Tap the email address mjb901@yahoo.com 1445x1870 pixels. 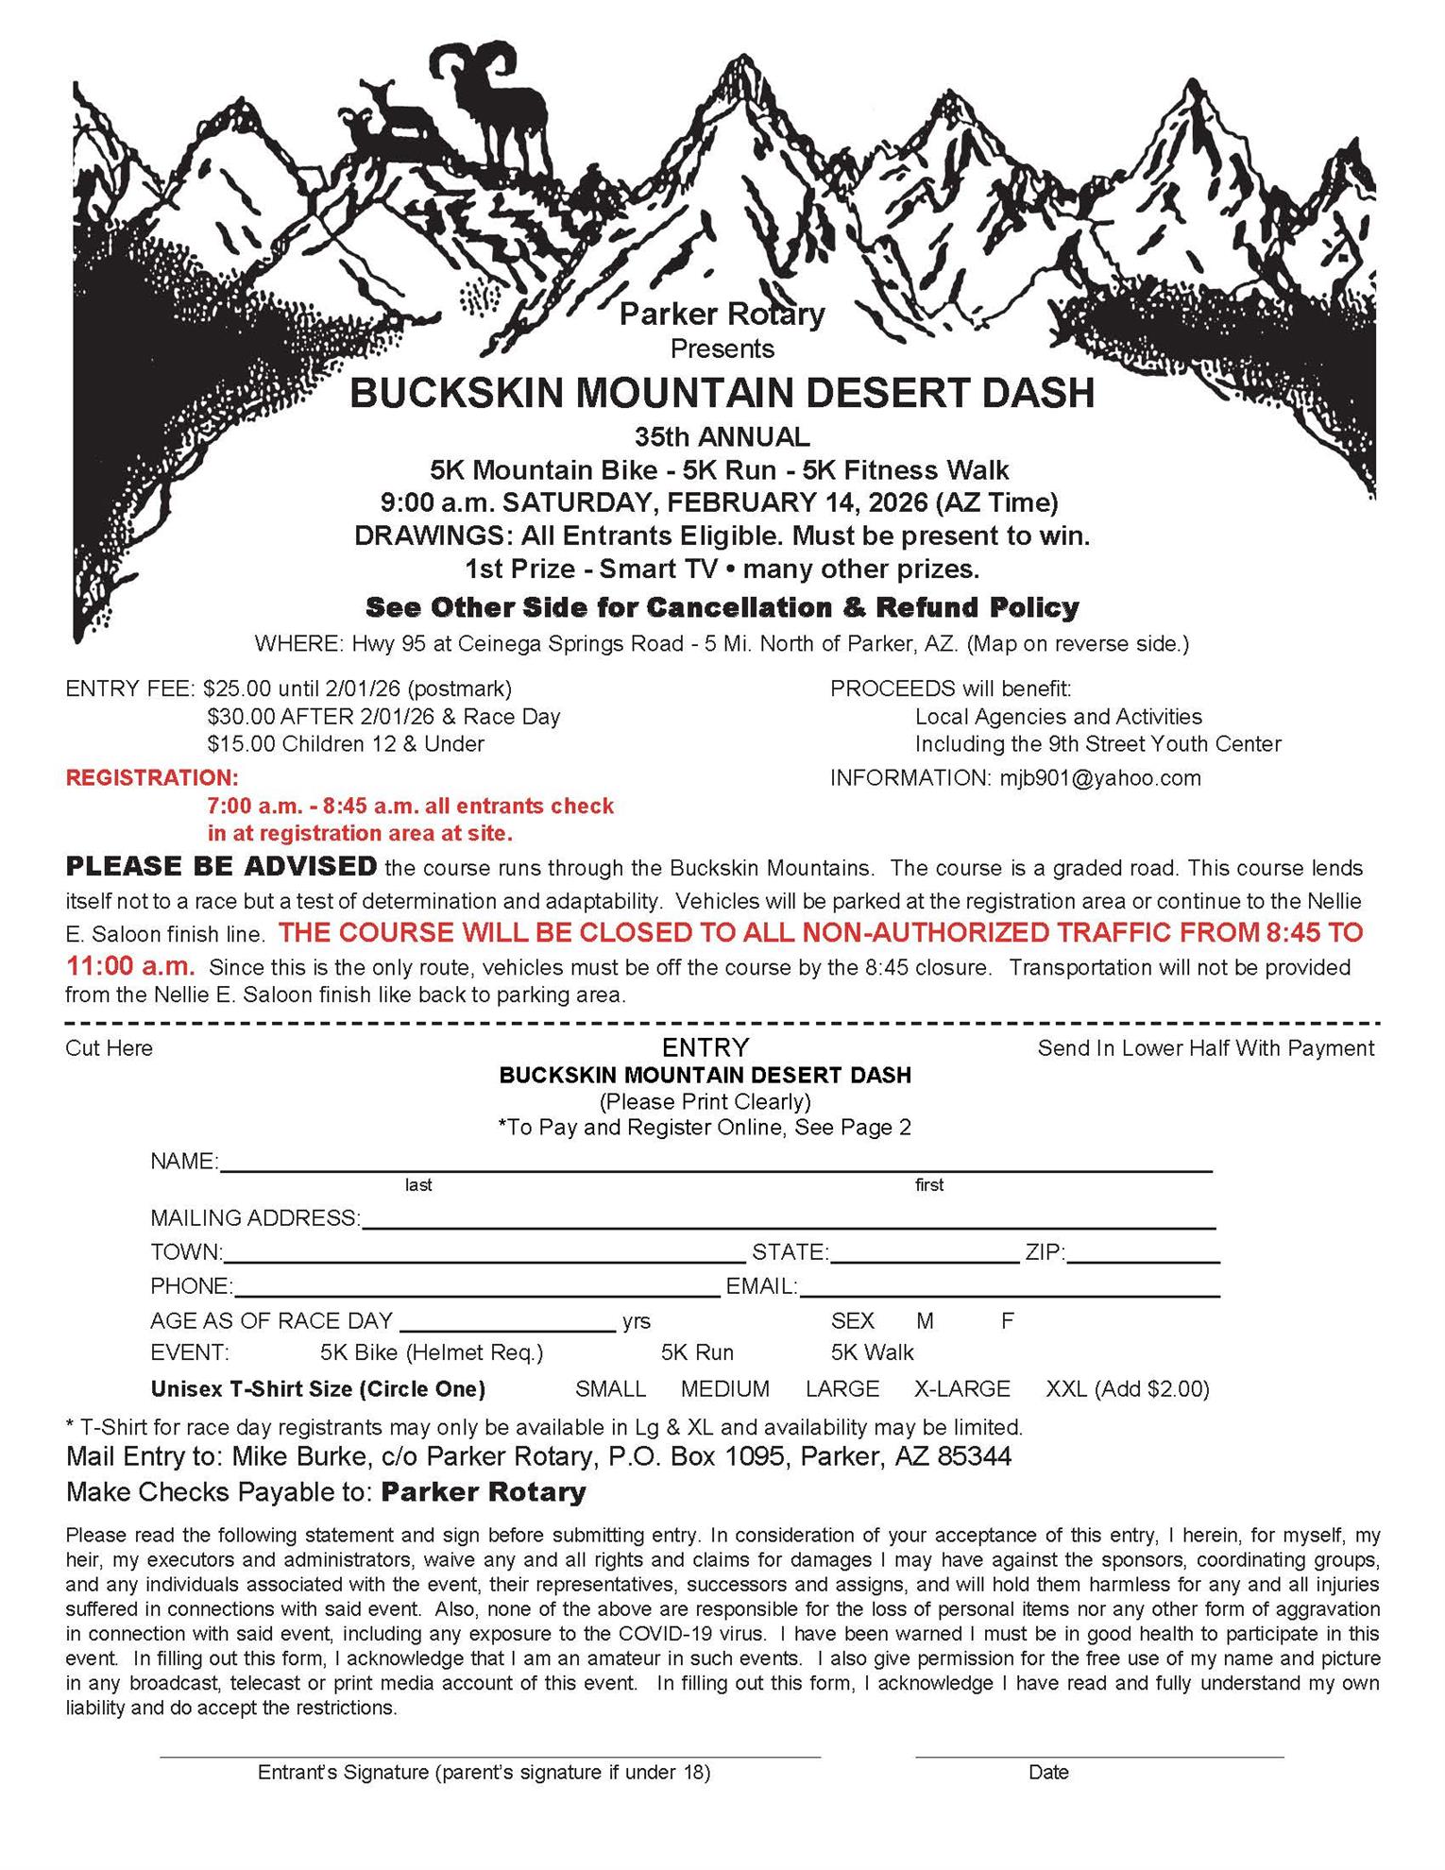coord(1100,778)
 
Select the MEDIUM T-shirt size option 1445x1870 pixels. coord(724,1389)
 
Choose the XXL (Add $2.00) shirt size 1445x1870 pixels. coord(1127,1389)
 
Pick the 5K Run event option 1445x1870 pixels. coord(697,1352)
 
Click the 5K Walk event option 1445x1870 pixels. coord(872,1352)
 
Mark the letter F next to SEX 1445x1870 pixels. coord(1007,1320)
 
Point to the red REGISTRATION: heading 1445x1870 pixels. coord(152,778)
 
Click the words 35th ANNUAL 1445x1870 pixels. coord(722,437)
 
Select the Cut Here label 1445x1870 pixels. coord(109,1048)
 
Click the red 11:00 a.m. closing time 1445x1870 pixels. coord(131,966)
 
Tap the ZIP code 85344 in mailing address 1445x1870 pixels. coord(974,1456)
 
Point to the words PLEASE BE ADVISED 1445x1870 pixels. coord(221,866)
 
